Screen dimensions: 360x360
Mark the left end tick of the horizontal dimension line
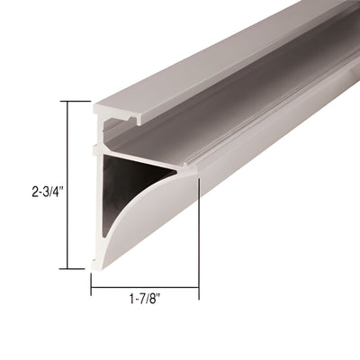[x=91, y=289]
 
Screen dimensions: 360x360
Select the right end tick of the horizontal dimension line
[x=198, y=289]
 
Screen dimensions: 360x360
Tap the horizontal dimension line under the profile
[x=144, y=289]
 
